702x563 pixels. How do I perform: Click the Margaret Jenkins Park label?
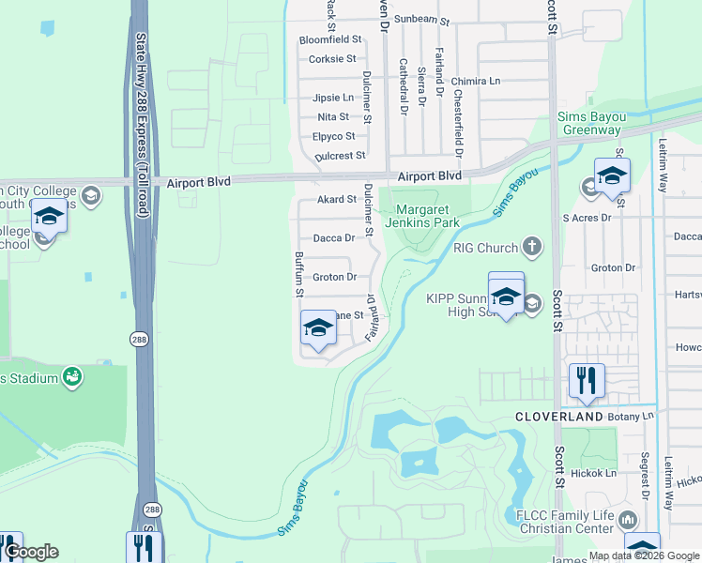pyautogui.click(x=427, y=217)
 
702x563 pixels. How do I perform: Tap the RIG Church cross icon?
pyautogui.click(x=532, y=248)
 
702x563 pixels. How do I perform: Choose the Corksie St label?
pyautogui.click(x=332, y=59)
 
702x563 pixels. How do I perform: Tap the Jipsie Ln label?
pyautogui.click(x=333, y=98)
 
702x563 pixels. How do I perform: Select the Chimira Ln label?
pyautogui.click(x=481, y=82)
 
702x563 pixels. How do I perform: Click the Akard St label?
pyautogui.click(x=337, y=200)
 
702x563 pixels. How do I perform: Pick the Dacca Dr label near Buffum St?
pyautogui.click(x=334, y=238)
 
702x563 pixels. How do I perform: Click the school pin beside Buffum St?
pyautogui.click(x=318, y=329)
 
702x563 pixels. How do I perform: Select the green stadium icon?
pyautogui.click(x=71, y=377)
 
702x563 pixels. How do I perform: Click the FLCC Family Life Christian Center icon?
pyautogui.click(x=628, y=519)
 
